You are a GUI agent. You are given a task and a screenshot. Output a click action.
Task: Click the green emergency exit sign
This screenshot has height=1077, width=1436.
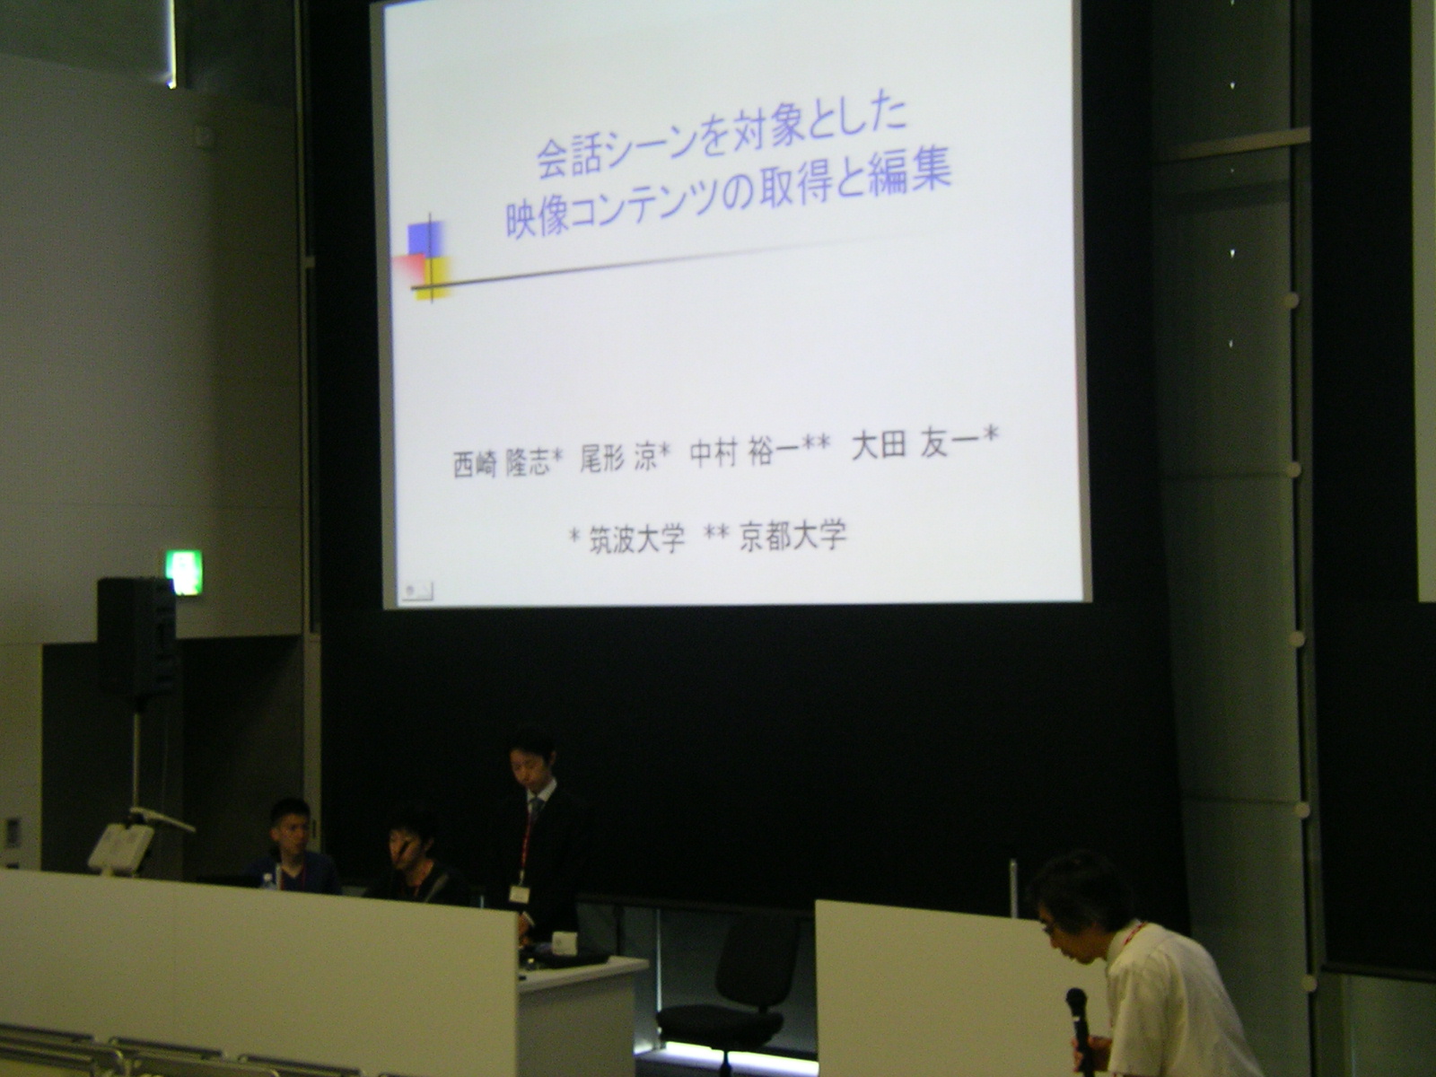coord(184,573)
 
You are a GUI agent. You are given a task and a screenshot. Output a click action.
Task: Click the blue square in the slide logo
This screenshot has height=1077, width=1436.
coord(425,238)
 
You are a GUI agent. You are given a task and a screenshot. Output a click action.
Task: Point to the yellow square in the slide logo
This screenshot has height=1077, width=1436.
coord(434,277)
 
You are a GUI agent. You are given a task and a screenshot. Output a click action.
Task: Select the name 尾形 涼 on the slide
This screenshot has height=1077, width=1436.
coord(618,457)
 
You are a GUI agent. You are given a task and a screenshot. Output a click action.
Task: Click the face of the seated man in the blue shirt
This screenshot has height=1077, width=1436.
coord(291,828)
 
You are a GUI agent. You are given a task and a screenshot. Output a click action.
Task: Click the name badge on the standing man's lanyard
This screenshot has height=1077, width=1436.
coord(518,894)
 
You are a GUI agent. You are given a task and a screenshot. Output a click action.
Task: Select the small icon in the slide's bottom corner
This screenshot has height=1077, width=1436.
coord(416,591)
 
